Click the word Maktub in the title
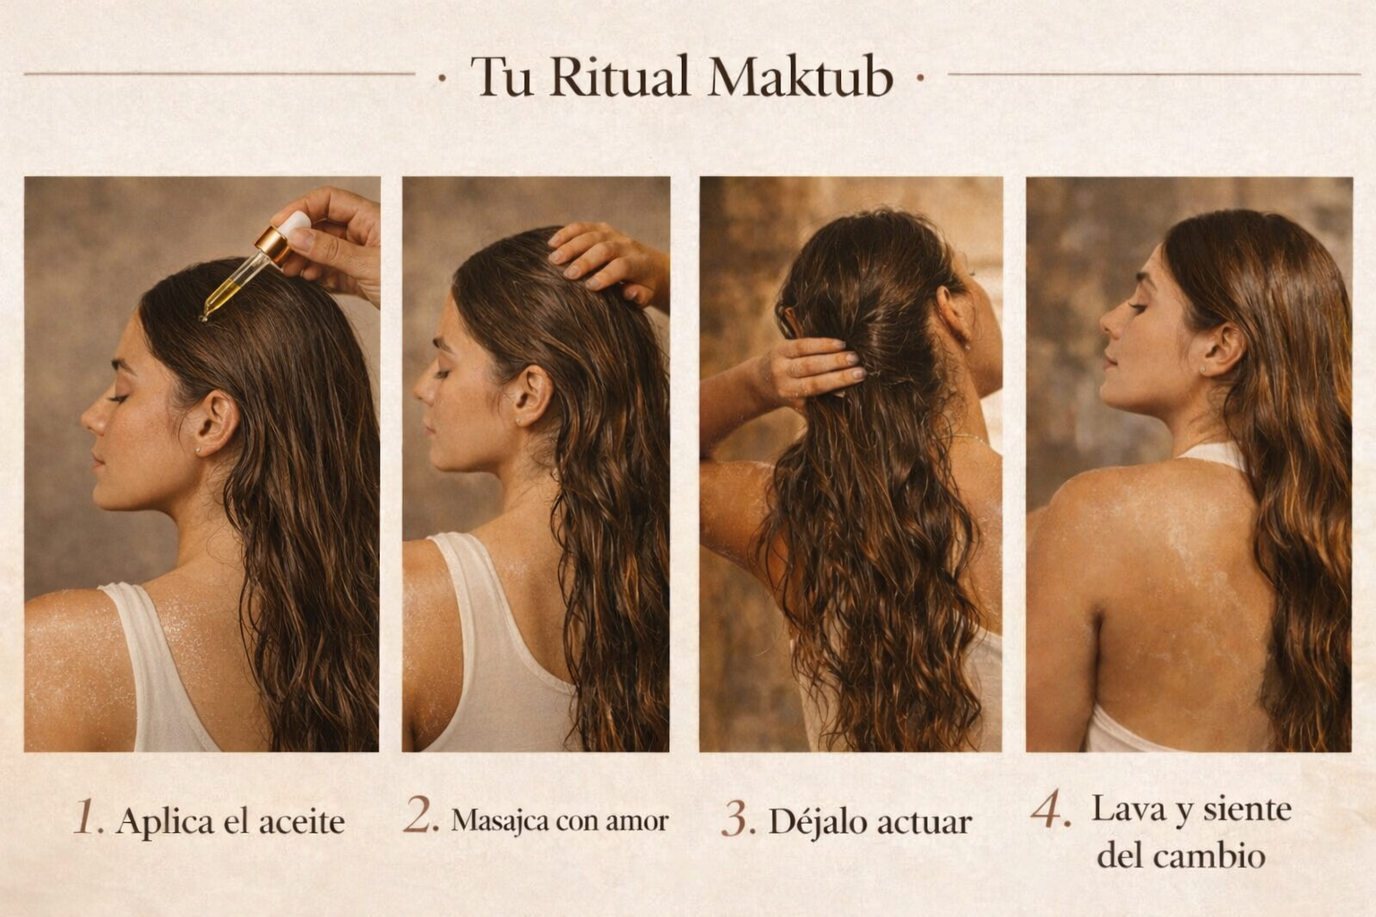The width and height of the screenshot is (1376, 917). [x=800, y=76]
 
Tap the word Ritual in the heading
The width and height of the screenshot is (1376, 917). [x=619, y=76]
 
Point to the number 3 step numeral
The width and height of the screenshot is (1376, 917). [x=738, y=818]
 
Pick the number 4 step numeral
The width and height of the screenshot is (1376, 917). [x=1051, y=809]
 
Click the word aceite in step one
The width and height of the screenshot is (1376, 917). [x=302, y=821]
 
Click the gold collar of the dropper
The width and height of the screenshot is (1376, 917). [x=273, y=245]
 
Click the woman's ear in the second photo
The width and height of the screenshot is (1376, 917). [x=531, y=396]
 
